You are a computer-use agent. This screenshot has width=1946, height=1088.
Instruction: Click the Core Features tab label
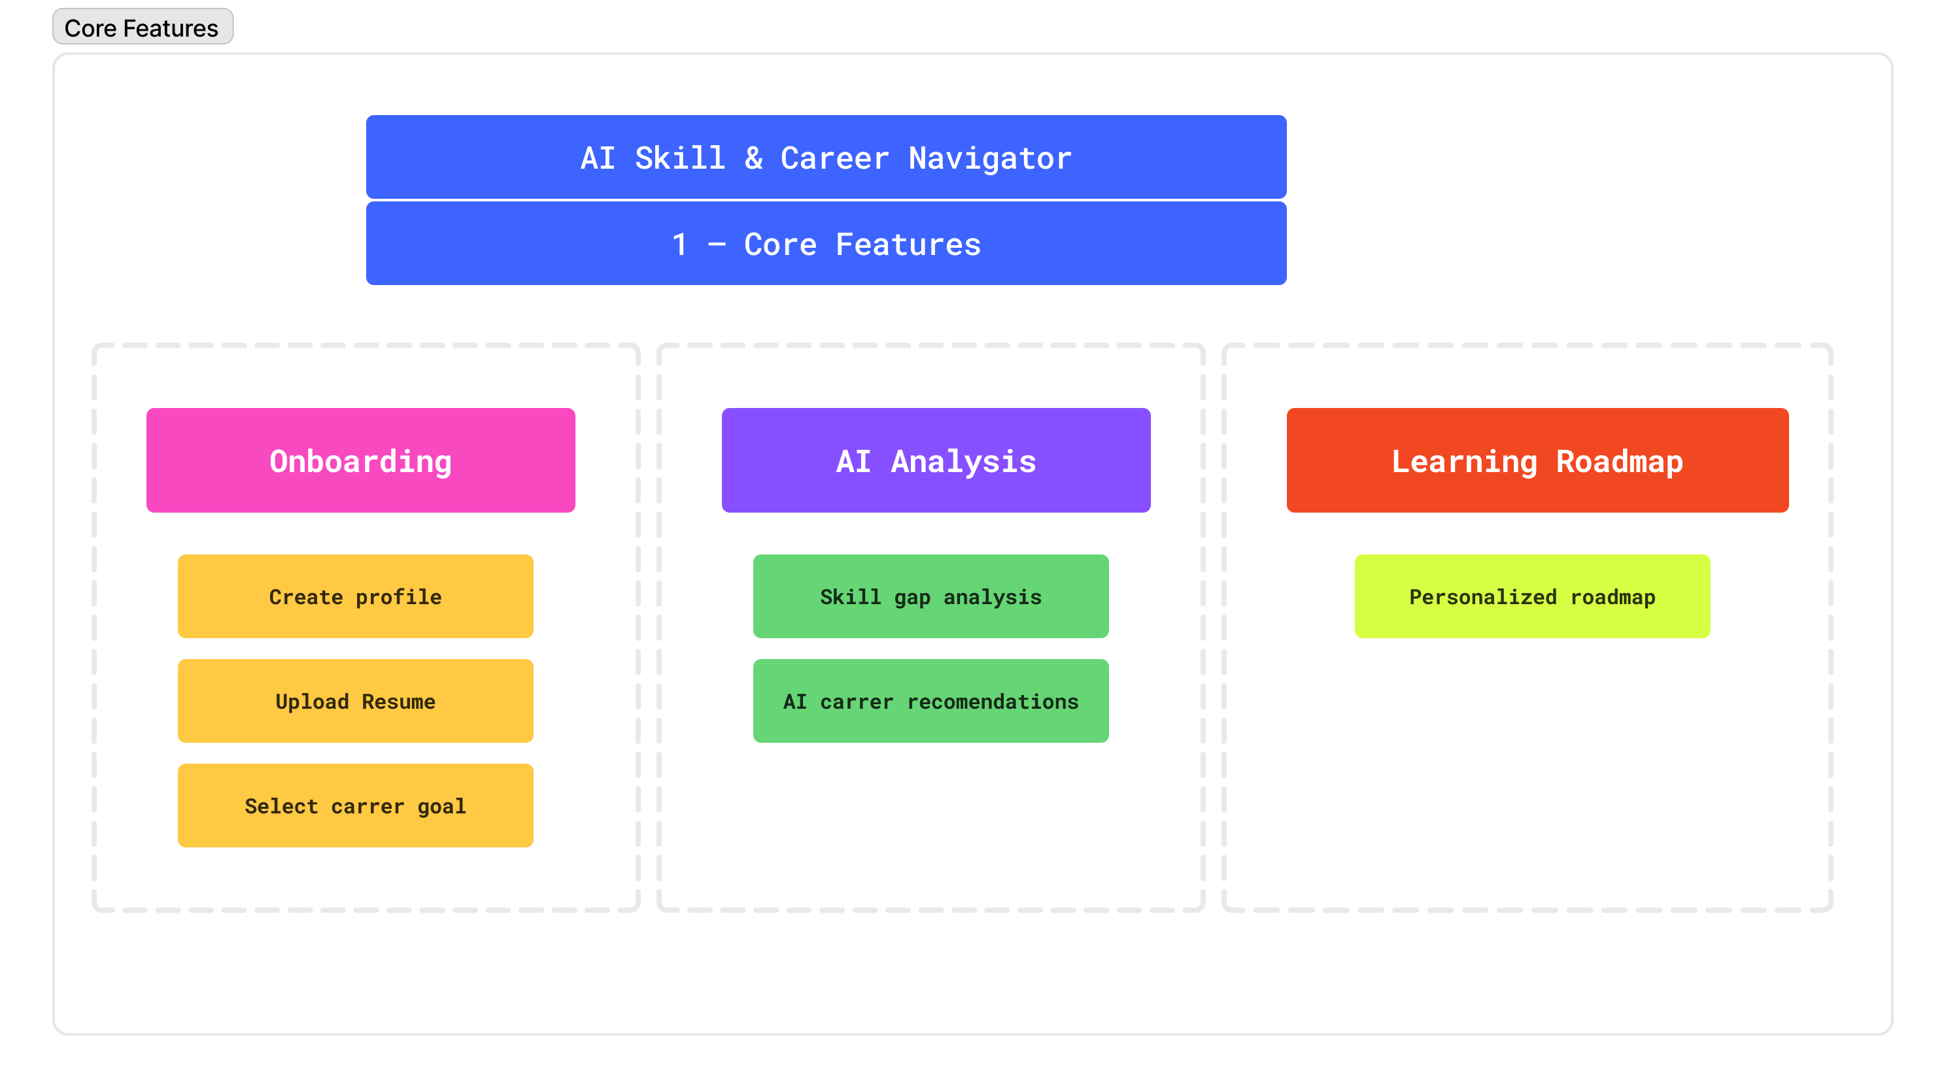pos(142,27)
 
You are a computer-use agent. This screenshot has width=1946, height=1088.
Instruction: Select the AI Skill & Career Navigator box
pos(826,157)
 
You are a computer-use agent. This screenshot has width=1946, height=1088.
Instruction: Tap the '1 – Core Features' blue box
pos(826,243)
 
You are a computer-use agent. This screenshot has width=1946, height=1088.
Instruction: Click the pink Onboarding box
pos(360,460)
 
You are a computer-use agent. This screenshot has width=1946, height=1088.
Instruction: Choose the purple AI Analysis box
pos(936,460)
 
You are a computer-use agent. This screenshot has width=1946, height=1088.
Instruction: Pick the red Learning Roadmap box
pos(1537,460)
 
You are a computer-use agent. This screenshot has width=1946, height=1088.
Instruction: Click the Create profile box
pos(355,596)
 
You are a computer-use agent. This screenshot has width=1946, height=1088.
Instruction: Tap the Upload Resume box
pos(355,701)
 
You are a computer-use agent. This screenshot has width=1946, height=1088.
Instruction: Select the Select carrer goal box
pos(355,806)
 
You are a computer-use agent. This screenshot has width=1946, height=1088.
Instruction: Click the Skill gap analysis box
pos(930,596)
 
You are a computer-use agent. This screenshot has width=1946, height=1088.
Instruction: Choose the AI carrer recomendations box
pos(930,701)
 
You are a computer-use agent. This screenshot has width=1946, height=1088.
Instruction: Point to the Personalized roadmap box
pos(1532,596)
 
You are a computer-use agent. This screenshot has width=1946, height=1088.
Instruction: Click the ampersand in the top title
pos(753,158)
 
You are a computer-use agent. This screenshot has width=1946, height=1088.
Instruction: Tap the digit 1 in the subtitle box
pos(680,244)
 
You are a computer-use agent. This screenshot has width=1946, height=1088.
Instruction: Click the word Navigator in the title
pos(989,159)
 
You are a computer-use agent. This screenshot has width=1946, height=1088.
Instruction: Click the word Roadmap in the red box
pos(1620,462)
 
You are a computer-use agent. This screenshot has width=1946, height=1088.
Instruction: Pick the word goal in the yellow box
pos(442,807)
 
